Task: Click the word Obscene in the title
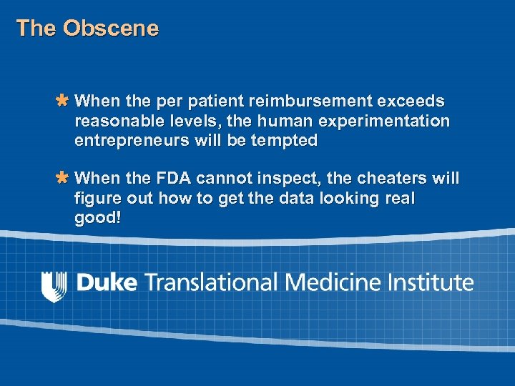tap(111, 29)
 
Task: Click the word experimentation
tap(388, 122)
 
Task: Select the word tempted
tap(284, 141)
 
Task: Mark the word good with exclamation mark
tap(98, 217)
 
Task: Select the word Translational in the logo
tap(212, 282)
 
